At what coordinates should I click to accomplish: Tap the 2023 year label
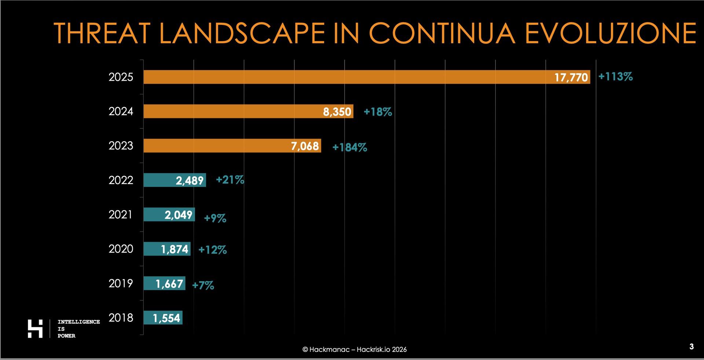pos(121,146)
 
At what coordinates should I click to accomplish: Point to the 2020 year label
pos(121,249)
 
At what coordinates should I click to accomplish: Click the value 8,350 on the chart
pos(337,111)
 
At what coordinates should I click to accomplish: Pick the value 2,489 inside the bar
pos(189,180)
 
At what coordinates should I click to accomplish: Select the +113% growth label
pos(615,77)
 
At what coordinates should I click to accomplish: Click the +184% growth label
pos(349,147)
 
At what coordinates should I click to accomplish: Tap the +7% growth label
pos(203,285)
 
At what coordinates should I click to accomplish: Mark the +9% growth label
pos(215,218)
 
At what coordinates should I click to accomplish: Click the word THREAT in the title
pos(103,33)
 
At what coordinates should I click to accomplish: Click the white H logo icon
pos(35,328)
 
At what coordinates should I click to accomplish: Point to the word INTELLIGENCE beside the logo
pos(78,322)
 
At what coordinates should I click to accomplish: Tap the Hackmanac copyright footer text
pos(354,349)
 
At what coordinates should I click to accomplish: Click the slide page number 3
pos(691,346)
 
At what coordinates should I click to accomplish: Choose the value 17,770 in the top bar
pos(571,77)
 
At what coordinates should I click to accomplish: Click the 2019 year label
pos(121,283)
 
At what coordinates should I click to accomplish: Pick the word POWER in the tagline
pos(66,336)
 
